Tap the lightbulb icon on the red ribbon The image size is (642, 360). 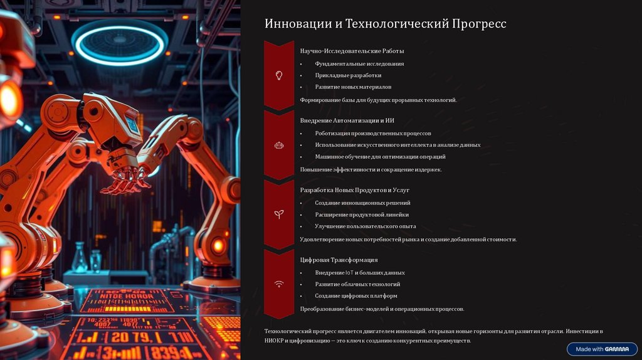[279, 75]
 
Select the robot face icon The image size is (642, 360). [279, 145]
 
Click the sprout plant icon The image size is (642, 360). [279, 214]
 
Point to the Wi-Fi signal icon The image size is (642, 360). [279, 284]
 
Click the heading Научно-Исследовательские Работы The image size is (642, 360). [352, 51]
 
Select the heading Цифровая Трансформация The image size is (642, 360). [339, 260]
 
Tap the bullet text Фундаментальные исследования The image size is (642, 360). [359, 64]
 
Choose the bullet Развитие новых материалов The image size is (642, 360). [353, 87]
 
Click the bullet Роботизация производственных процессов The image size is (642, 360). [373, 134]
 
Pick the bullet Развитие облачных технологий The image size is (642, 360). [357, 284]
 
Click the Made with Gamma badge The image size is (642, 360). [602, 349]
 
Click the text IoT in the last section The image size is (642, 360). [349, 273]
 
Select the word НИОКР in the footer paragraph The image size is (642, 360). [274, 341]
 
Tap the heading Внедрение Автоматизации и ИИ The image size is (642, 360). [347, 120]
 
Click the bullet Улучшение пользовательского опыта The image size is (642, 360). [366, 226]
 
